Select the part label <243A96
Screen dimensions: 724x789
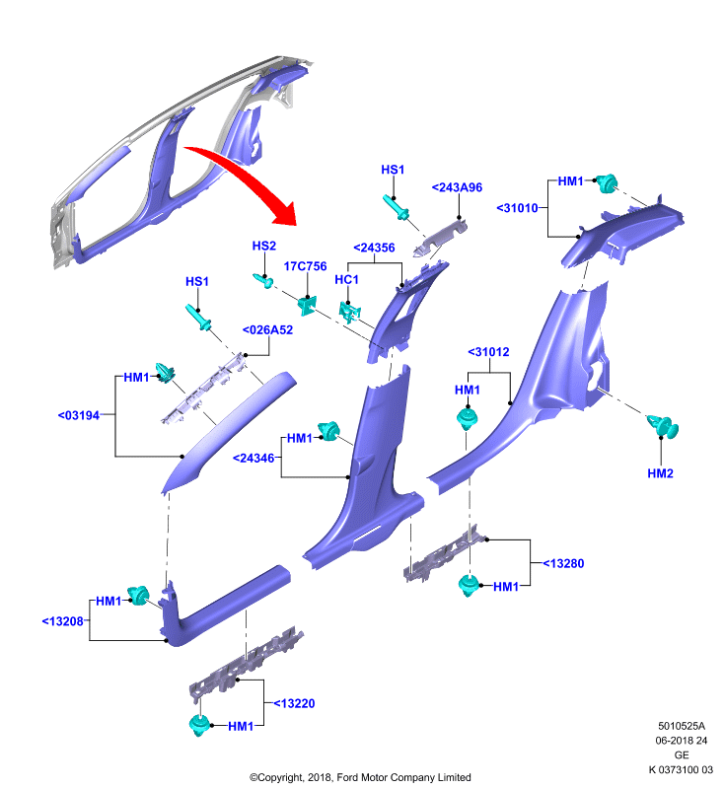click(x=457, y=187)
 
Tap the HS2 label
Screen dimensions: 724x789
click(x=264, y=246)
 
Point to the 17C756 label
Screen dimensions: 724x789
click(x=305, y=266)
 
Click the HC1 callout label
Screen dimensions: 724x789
click(x=346, y=279)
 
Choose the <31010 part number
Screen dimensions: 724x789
click(x=517, y=208)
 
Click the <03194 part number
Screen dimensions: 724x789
click(x=79, y=415)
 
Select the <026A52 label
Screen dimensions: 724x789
click(x=267, y=330)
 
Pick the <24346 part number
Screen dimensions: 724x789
click(x=253, y=459)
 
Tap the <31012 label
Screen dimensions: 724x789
click(x=488, y=352)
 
